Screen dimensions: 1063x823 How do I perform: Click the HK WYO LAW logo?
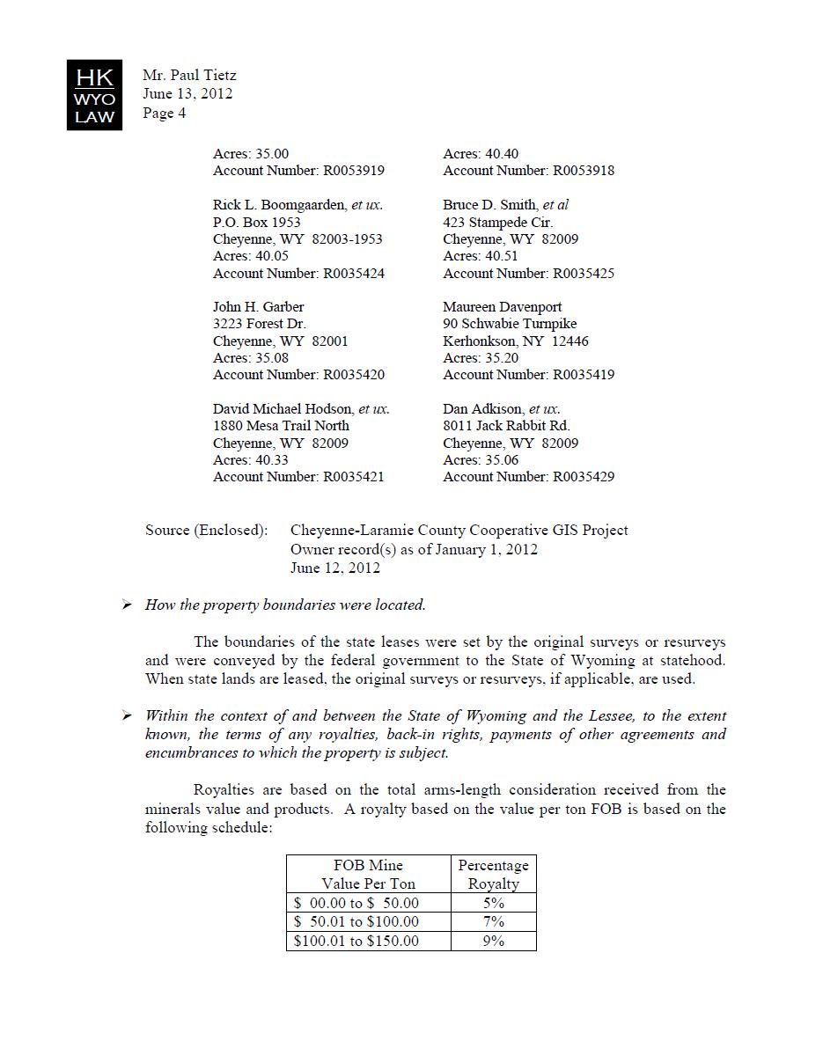[x=94, y=94]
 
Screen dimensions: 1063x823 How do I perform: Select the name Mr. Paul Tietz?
[x=189, y=76]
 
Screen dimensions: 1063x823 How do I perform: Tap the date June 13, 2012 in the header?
[x=187, y=94]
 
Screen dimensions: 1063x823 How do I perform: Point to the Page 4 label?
[x=164, y=113]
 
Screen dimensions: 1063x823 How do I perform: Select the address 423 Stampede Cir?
[x=497, y=222]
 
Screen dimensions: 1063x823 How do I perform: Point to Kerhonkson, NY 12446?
[x=516, y=341]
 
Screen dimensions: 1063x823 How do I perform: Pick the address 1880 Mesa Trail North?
[x=281, y=426]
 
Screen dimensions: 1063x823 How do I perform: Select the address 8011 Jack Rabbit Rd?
[x=506, y=426]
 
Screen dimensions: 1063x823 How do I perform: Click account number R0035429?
[x=584, y=477]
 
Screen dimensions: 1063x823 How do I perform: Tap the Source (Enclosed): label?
[x=206, y=531]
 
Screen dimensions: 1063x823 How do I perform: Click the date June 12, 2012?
[x=335, y=568]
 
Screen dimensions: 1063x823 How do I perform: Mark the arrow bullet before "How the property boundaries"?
[x=128, y=605]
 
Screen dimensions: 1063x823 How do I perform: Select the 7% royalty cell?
[x=493, y=921]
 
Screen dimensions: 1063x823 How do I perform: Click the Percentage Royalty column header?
[x=493, y=875]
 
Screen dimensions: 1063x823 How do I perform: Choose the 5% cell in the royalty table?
[x=493, y=903]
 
